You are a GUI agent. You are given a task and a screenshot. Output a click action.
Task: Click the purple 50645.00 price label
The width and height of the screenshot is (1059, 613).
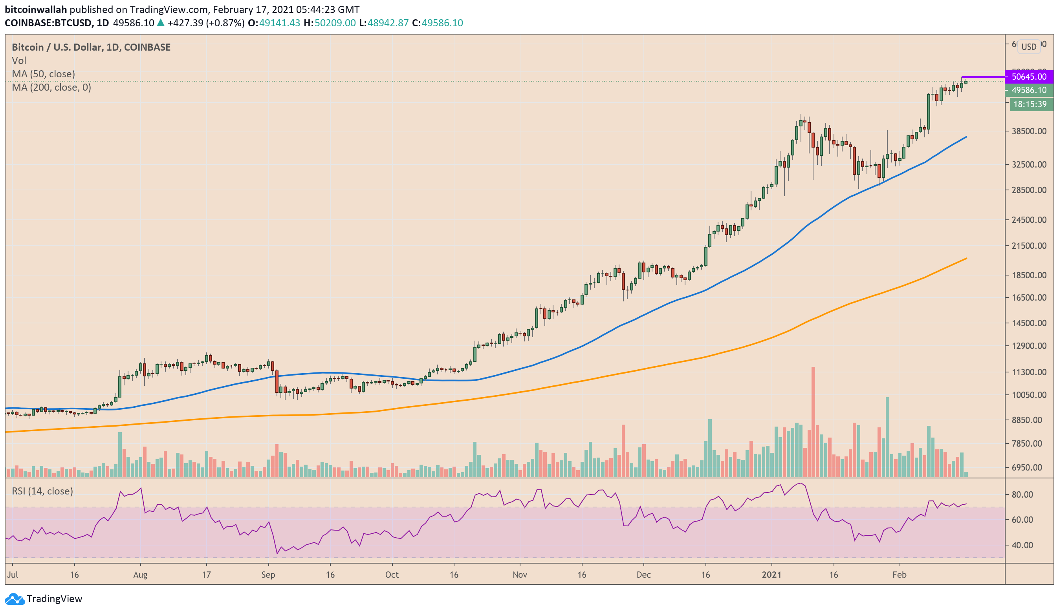1029,77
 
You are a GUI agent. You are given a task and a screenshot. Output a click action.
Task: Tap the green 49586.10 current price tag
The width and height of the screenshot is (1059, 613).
1029,90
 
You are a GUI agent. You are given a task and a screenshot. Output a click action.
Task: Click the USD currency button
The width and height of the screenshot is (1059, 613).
1029,47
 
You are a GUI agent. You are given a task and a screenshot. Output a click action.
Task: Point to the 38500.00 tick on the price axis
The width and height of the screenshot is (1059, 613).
1029,131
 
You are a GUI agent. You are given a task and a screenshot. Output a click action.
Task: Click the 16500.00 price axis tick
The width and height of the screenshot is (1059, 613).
1029,298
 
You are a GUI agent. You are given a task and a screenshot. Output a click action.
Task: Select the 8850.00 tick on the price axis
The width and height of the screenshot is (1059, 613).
1029,420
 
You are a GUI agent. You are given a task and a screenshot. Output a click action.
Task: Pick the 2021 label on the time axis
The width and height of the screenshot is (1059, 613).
771,575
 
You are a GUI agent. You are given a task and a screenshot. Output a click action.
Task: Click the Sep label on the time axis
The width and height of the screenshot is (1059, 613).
268,575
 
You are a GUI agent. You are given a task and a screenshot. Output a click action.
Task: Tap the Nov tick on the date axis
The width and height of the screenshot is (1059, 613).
520,575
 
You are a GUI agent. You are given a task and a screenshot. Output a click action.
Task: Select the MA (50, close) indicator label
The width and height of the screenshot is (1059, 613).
43,74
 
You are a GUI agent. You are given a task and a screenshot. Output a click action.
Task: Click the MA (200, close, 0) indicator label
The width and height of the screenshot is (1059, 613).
51,88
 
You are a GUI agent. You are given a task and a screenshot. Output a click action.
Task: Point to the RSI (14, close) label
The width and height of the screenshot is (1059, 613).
42,491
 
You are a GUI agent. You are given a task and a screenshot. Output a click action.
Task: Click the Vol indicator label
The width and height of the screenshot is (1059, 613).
19,60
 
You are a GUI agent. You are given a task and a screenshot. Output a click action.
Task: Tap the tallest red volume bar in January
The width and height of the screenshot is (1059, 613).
813,422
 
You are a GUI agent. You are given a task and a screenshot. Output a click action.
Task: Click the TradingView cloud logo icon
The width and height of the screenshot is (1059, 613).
15,599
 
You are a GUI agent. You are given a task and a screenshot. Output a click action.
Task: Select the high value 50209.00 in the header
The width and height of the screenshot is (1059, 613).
335,23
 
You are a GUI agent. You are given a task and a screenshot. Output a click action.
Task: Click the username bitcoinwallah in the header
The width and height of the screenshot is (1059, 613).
36,9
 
